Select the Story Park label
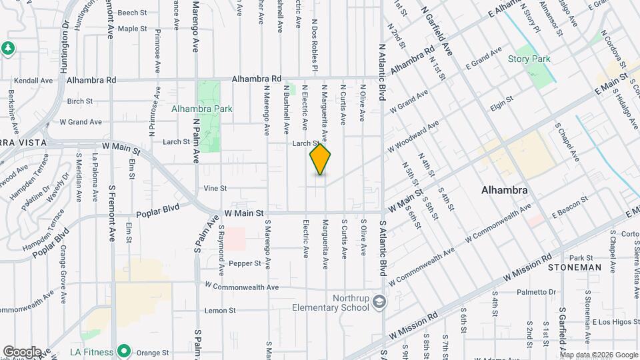click(x=529, y=59)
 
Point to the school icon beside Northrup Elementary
click(x=379, y=302)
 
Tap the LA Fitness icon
click(x=123, y=351)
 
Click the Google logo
click(x=21, y=351)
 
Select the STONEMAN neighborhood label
click(x=575, y=267)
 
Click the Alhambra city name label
click(x=505, y=190)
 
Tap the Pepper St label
click(x=245, y=263)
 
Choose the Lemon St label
click(x=221, y=311)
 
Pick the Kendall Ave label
click(x=33, y=80)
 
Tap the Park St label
click(x=581, y=257)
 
